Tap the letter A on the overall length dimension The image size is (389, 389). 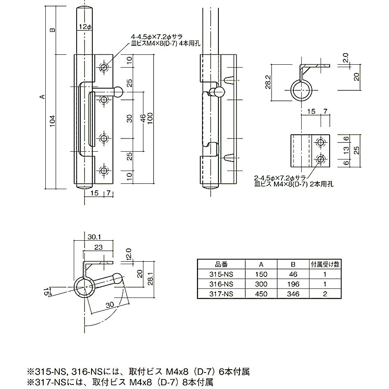coord(41,97)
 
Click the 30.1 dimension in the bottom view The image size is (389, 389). coord(94,236)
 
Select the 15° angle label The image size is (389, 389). coord(48,292)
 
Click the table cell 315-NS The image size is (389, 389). coord(221,274)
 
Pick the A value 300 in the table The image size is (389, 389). coord(261,284)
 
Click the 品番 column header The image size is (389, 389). coord(221,264)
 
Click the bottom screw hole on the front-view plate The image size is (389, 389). coord(104,170)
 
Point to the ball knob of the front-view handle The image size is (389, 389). coord(119,91)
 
